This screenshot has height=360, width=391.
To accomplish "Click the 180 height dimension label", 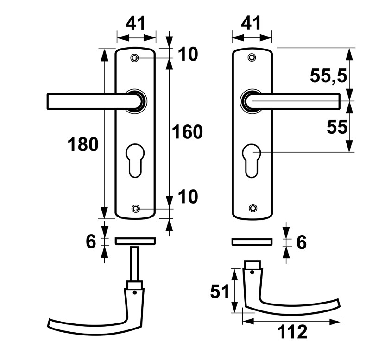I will click(83, 145).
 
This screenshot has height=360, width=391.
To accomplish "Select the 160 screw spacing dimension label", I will click(187, 132).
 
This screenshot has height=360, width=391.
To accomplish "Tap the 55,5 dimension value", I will click(328, 76).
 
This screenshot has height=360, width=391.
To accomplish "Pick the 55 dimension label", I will click(337, 127).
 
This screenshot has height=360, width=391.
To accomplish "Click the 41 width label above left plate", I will click(136, 23).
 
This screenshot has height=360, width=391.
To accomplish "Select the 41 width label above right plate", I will click(252, 23).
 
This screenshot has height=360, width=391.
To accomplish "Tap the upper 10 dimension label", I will click(188, 55).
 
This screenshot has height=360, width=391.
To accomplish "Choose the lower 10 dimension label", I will click(188, 197).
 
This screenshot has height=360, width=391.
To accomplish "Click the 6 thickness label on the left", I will click(91, 241).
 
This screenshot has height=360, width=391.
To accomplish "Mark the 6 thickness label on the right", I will click(302, 242).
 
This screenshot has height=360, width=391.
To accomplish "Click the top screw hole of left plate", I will click(135, 58).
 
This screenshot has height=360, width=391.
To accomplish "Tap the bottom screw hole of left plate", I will click(135, 208).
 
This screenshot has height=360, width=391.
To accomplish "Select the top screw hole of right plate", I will click(252, 57).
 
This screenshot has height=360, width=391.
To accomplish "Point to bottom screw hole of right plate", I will click(252, 208).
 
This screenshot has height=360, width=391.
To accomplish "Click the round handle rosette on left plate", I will click(137, 101).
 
